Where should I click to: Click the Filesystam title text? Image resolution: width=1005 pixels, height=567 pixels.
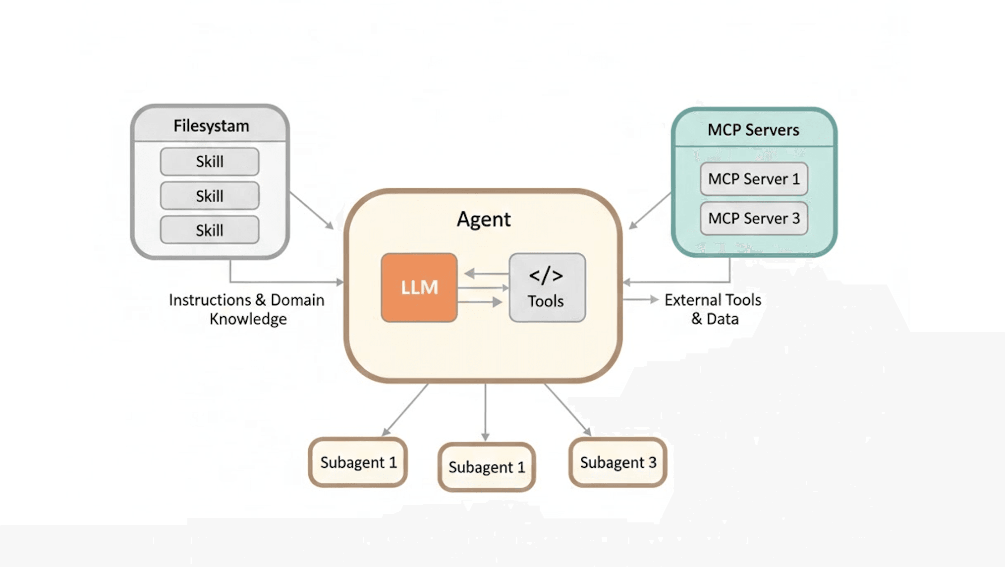(211, 126)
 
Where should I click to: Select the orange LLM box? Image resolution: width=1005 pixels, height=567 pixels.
(419, 287)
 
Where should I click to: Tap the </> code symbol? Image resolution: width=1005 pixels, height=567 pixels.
(546, 276)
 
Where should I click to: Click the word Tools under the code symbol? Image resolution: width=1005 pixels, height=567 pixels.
(546, 301)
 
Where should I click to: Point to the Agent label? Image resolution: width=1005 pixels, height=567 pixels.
(484, 219)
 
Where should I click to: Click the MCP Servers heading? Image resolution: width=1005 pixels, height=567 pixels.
(753, 130)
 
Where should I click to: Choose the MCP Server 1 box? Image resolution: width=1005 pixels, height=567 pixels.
(754, 179)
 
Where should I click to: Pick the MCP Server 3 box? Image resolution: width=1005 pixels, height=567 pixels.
(754, 219)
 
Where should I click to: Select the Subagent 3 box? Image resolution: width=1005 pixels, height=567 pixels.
(618, 462)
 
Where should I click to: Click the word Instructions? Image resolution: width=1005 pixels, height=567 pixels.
(210, 300)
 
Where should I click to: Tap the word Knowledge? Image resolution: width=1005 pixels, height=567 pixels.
(248, 319)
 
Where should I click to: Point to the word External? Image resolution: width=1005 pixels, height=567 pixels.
(687, 300)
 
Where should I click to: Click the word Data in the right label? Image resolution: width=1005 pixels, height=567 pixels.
(723, 319)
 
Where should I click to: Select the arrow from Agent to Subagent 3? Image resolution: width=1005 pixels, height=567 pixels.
(567, 409)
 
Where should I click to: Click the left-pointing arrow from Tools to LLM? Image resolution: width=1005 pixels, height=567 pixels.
(486, 273)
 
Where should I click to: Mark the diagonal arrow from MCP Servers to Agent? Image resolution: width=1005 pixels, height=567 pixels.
(650, 211)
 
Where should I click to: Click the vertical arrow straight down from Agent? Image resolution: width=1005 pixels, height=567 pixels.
(485, 411)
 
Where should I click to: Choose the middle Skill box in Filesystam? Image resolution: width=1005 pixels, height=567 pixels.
(210, 196)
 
